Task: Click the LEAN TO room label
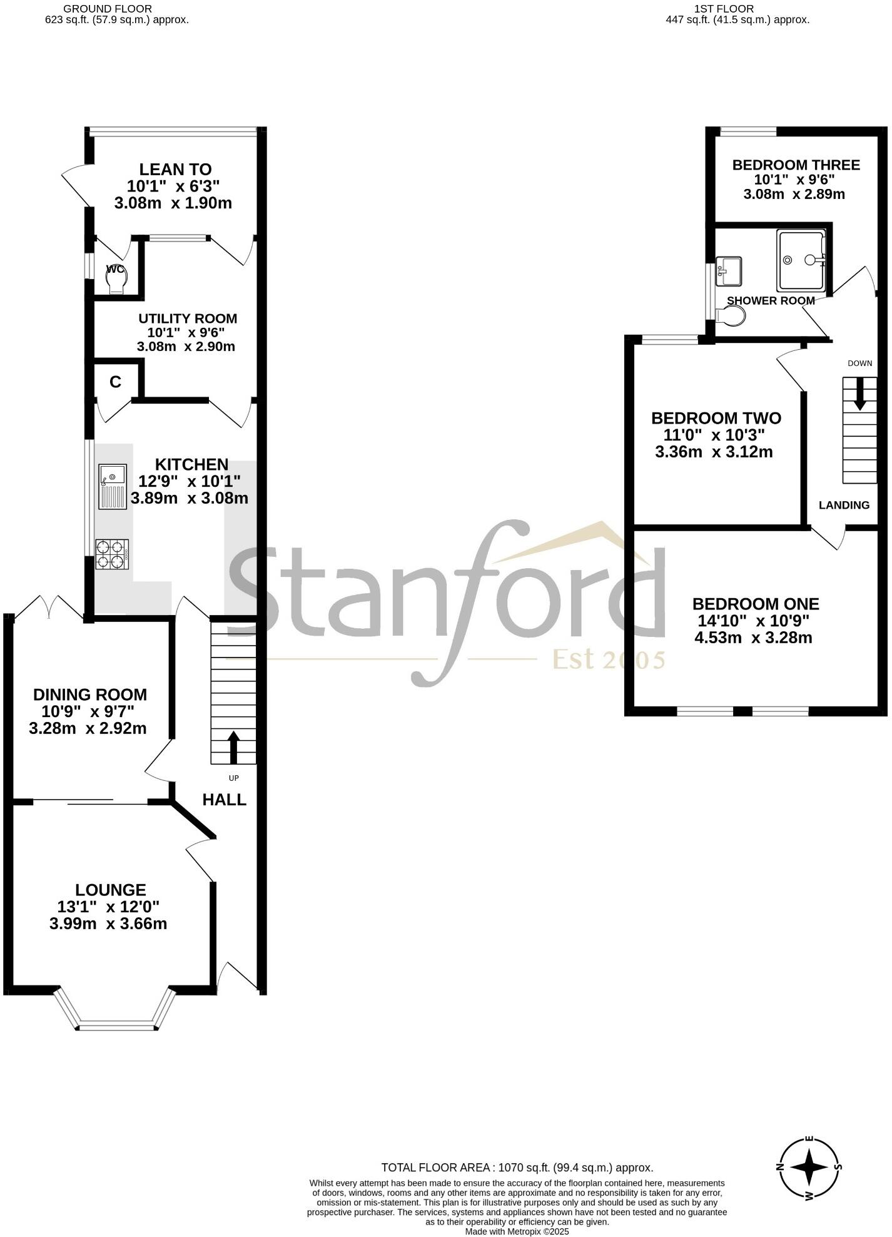[175, 170]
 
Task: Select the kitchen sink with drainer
[113, 486]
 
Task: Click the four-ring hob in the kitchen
[112, 554]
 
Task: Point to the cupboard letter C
[115, 382]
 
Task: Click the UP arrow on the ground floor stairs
[233, 746]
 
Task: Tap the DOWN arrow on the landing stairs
[860, 393]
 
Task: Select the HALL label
[224, 799]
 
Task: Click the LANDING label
[844, 505]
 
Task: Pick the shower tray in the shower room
[801, 260]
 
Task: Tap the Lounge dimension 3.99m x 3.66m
[108, 924]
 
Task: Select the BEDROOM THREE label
[796, 165]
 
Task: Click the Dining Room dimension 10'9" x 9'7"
[88, 711]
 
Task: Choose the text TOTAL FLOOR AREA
[437, 1167]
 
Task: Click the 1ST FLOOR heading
[724, 9]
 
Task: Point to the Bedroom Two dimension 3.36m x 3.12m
[714, 452]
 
